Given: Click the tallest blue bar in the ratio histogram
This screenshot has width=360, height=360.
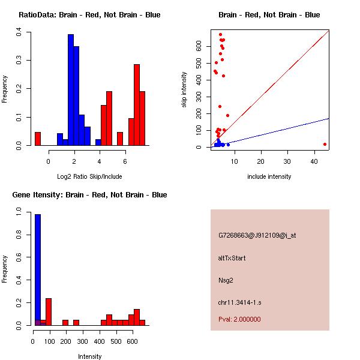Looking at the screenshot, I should (x=71, y=90).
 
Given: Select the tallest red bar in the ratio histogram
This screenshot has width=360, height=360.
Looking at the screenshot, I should (x=137, y=105).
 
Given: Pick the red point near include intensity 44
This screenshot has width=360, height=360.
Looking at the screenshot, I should (x=325, y=144).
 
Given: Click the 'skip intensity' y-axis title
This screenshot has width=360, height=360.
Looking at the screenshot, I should (x=185, y=90).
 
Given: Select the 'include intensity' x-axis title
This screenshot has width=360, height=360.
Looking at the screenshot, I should (x=269, y=176).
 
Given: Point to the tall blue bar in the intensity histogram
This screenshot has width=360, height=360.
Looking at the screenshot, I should (x=38, y=269).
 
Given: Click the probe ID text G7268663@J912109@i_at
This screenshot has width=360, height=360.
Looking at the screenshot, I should (x=257, y=235).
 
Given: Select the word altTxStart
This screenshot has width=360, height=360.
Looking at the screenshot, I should (x=232, y=258).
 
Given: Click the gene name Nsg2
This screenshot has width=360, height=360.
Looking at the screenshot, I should (x=226, y=280).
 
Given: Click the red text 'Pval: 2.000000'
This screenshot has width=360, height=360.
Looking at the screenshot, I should (x=239, y=319).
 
